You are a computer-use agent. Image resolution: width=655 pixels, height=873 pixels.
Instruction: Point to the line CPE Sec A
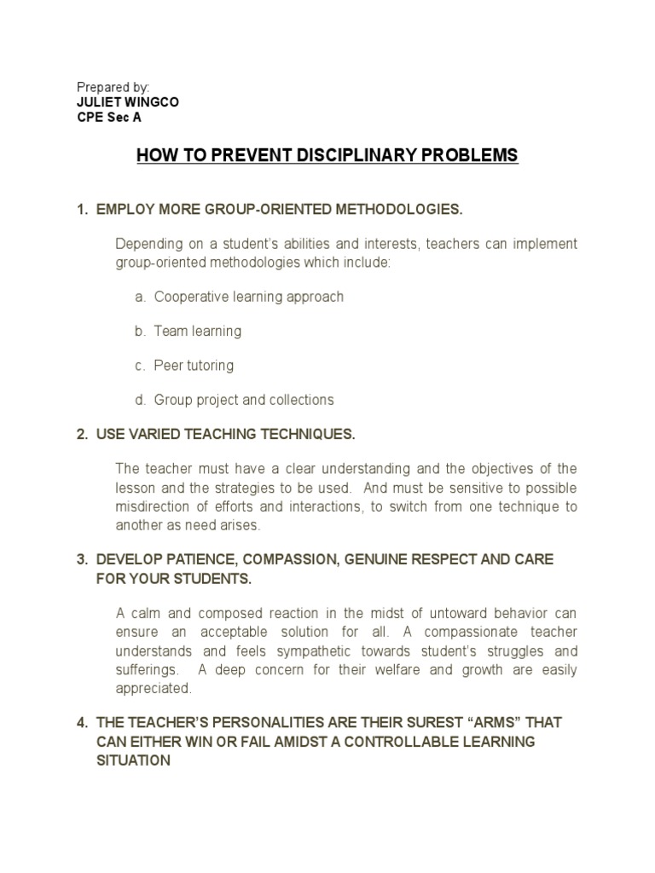tap(109, 118)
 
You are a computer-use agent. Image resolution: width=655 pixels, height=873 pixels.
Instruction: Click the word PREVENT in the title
tap(245, 156)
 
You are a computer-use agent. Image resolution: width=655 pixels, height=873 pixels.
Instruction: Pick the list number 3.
tap(82, 559)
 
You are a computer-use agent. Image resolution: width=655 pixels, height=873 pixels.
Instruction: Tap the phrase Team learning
tap(198, 331)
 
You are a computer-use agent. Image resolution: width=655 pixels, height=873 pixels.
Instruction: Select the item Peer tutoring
tap(194, 366)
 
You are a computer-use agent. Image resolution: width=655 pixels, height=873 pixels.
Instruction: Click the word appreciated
tap(154, 688)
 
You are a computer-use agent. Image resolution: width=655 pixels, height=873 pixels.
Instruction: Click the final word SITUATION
tap(134, 760)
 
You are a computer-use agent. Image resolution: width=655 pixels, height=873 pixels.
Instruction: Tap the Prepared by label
tap(113, 88)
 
